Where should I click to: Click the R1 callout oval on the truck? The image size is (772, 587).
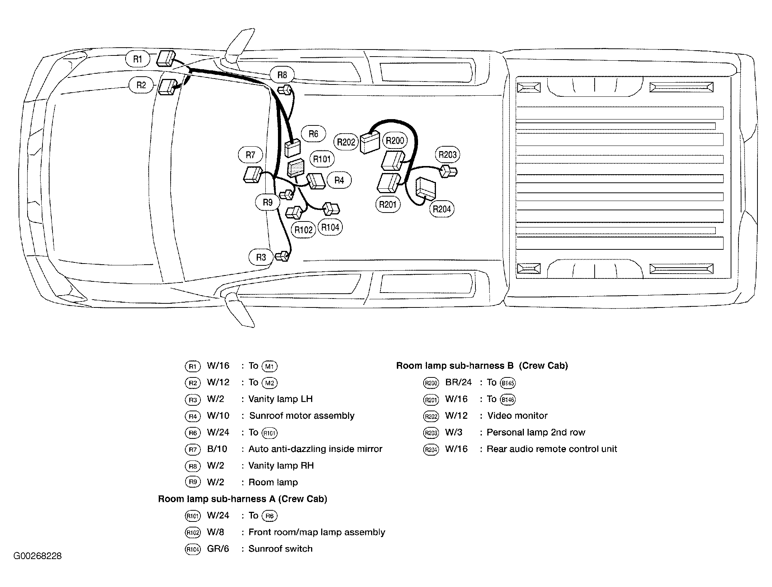(x=138, y=59)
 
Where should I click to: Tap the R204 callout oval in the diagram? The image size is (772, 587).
(x=442, y=209)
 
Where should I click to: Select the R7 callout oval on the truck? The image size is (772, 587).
(x=250, y=155)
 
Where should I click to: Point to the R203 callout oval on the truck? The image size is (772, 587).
(x=447, y=154)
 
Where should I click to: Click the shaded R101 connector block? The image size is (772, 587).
(x=295, y=168)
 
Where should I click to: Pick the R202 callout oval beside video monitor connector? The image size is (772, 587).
(x=346, y=142)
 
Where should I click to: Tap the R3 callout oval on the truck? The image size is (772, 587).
(x=261, y=257)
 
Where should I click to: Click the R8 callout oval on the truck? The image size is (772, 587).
(x=282, y=75)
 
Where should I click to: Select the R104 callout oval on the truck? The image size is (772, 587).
(x=330, y=227)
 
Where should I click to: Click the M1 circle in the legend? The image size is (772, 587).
(x=270, y=366)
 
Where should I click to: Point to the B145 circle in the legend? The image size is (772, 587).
(x=508, y=383)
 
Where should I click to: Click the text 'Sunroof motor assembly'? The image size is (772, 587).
(x=302, y=416)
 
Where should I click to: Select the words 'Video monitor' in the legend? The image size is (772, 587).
(x=518, y=416)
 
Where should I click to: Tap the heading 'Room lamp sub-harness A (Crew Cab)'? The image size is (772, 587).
(x=243, y=499)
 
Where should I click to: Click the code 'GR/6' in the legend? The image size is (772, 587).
(x=218, y=549)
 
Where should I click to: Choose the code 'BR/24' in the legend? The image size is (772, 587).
(x=458, y=383)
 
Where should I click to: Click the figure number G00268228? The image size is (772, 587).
(x=38, y=556)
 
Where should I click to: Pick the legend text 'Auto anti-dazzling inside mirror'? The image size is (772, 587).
(x=315, y=449)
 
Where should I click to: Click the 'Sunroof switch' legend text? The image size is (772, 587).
(x=280, y=549)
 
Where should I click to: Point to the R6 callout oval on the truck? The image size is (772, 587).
(x=313, y=134)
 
